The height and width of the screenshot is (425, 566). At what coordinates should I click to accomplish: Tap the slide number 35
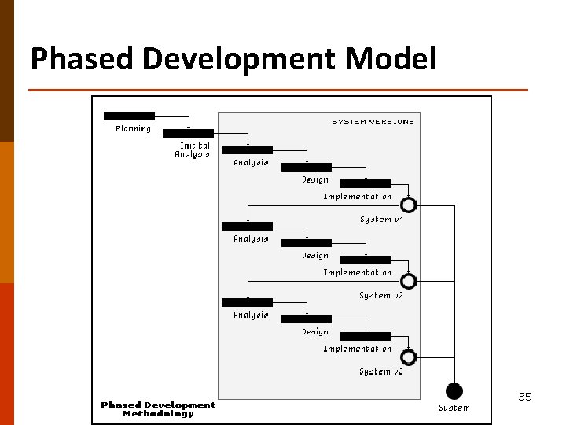click(x=525, y=397)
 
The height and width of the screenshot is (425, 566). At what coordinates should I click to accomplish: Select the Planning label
click(x=133, y=129)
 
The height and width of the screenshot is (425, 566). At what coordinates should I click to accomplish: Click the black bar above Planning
click(x=129, y=116)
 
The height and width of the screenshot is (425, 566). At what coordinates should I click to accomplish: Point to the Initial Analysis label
click(x=193, y=150)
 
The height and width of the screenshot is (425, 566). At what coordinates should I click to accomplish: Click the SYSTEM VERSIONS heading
click(x=373, y=122)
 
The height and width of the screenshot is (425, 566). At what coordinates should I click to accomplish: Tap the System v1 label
click(x=381, y=220)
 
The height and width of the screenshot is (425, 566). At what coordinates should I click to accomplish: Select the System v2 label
click(x=381, y=296)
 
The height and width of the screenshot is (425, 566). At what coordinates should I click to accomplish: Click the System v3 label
click(x=381, y=371)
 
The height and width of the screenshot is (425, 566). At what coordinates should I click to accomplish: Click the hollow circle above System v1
click(x=409, y=205)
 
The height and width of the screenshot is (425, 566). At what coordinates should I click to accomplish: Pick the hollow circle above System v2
click(x=409, y=281)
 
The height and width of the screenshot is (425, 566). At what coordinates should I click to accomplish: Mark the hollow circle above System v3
click(x=409, y=357)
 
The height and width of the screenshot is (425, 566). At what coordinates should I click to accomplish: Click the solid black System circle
click(x=454, y=391)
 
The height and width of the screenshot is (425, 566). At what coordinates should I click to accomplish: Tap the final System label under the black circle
click(x=454, y=408)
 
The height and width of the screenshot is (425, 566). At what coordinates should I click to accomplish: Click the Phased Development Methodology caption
click(x=158, y=409)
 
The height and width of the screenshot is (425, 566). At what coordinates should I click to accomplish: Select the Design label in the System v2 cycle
click(x=315, y=256)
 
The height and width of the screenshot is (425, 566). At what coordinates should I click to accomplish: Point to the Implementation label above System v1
click(x=357, y=197)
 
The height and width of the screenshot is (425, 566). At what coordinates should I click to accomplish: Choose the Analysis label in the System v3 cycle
click(x=251, y=315)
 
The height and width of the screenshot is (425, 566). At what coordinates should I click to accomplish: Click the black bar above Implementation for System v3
click(x=366, y=336)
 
